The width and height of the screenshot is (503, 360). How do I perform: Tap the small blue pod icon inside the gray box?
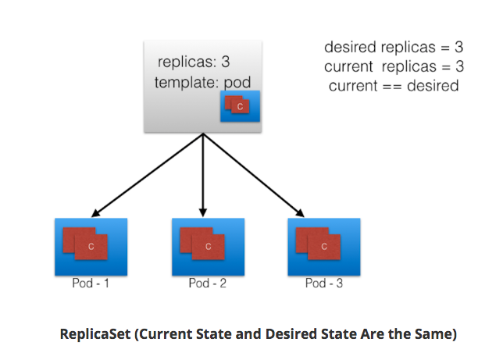(240, 105)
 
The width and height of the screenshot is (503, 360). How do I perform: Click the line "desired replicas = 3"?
(394, 48)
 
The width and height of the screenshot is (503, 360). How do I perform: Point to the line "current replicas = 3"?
(394, 66)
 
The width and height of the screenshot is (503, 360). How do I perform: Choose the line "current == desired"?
(394, 85)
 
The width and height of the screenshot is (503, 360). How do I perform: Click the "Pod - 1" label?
(90, 283)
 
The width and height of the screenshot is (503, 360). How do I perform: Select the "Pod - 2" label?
(208, 283)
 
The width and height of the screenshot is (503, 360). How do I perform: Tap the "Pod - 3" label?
(324, 283)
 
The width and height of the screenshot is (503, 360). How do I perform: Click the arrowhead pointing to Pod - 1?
(95, 212)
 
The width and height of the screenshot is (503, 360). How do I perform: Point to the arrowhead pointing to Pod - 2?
(203, 213)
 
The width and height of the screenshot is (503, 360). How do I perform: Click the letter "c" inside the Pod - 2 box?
(208, 246)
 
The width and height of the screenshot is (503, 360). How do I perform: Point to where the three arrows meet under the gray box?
(203, 134)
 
